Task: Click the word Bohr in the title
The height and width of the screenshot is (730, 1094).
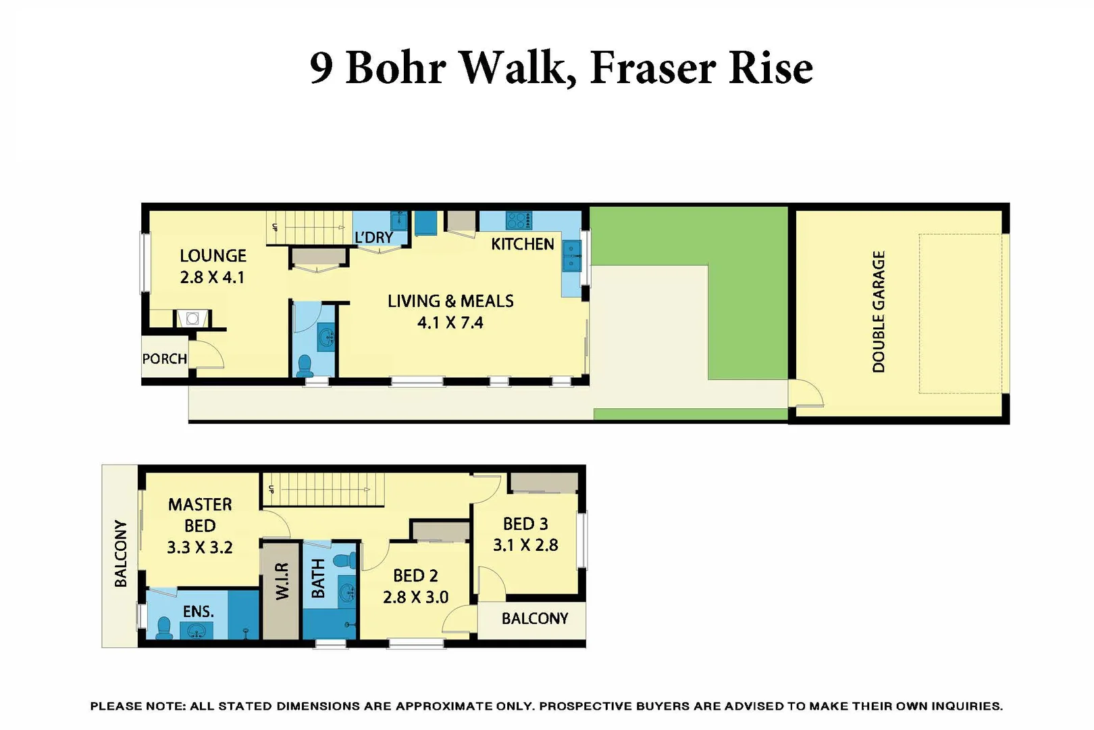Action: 396,68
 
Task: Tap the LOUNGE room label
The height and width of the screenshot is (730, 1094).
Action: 213,256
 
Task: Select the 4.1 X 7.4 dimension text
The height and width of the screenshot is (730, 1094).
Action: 450,323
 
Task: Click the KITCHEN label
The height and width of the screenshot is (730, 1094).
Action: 522,244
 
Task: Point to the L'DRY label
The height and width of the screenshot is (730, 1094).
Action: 373,237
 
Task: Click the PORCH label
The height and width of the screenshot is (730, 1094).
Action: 164,359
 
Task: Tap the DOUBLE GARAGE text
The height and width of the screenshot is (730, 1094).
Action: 878,312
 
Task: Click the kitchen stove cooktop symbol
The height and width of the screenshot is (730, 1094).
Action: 519,220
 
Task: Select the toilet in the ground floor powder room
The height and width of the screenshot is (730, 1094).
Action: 305,366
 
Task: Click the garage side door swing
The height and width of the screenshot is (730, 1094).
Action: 808,394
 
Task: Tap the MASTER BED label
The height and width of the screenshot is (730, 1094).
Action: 200,515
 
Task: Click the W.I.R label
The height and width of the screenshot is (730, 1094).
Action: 282,581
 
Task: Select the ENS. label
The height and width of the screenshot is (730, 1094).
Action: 198,612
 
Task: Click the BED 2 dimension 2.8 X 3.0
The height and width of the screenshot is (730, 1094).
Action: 415,598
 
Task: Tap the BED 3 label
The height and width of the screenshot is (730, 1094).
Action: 525,524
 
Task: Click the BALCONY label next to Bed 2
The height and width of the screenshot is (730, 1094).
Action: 534,618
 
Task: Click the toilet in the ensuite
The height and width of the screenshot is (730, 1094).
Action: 163,628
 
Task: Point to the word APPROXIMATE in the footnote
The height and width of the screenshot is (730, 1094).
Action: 443,706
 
